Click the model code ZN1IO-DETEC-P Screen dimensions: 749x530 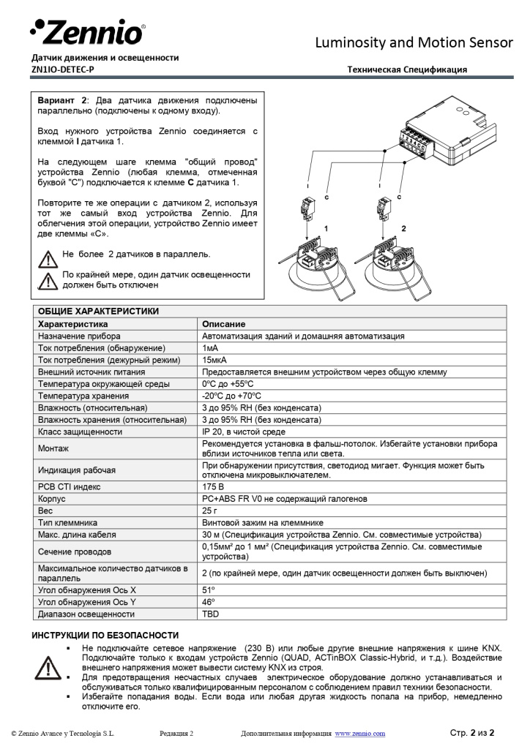click(x=63, y=69)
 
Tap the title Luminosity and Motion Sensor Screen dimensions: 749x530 click(x=414, y=42)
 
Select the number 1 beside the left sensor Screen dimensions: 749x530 click(x=326, y=229)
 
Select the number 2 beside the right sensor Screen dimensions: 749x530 click(x=403, y=229)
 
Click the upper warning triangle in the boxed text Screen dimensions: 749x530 click(x=48, y=257)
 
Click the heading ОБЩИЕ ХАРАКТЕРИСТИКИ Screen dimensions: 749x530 click(x=98, y=311)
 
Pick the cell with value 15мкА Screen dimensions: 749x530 click(x=215, y=360)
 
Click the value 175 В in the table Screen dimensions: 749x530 click(x=213, y=486)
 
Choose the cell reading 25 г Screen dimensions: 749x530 click(x=209, y=511)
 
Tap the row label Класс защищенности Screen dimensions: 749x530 click(x=80, y=432)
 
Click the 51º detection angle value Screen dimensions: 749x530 click(x=208, y=590)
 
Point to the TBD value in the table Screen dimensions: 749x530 click(x=210, y=614)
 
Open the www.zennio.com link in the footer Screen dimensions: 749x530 click(x=359, y=733)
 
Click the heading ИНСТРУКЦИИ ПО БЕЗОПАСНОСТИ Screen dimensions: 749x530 click(x=105, y=635)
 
